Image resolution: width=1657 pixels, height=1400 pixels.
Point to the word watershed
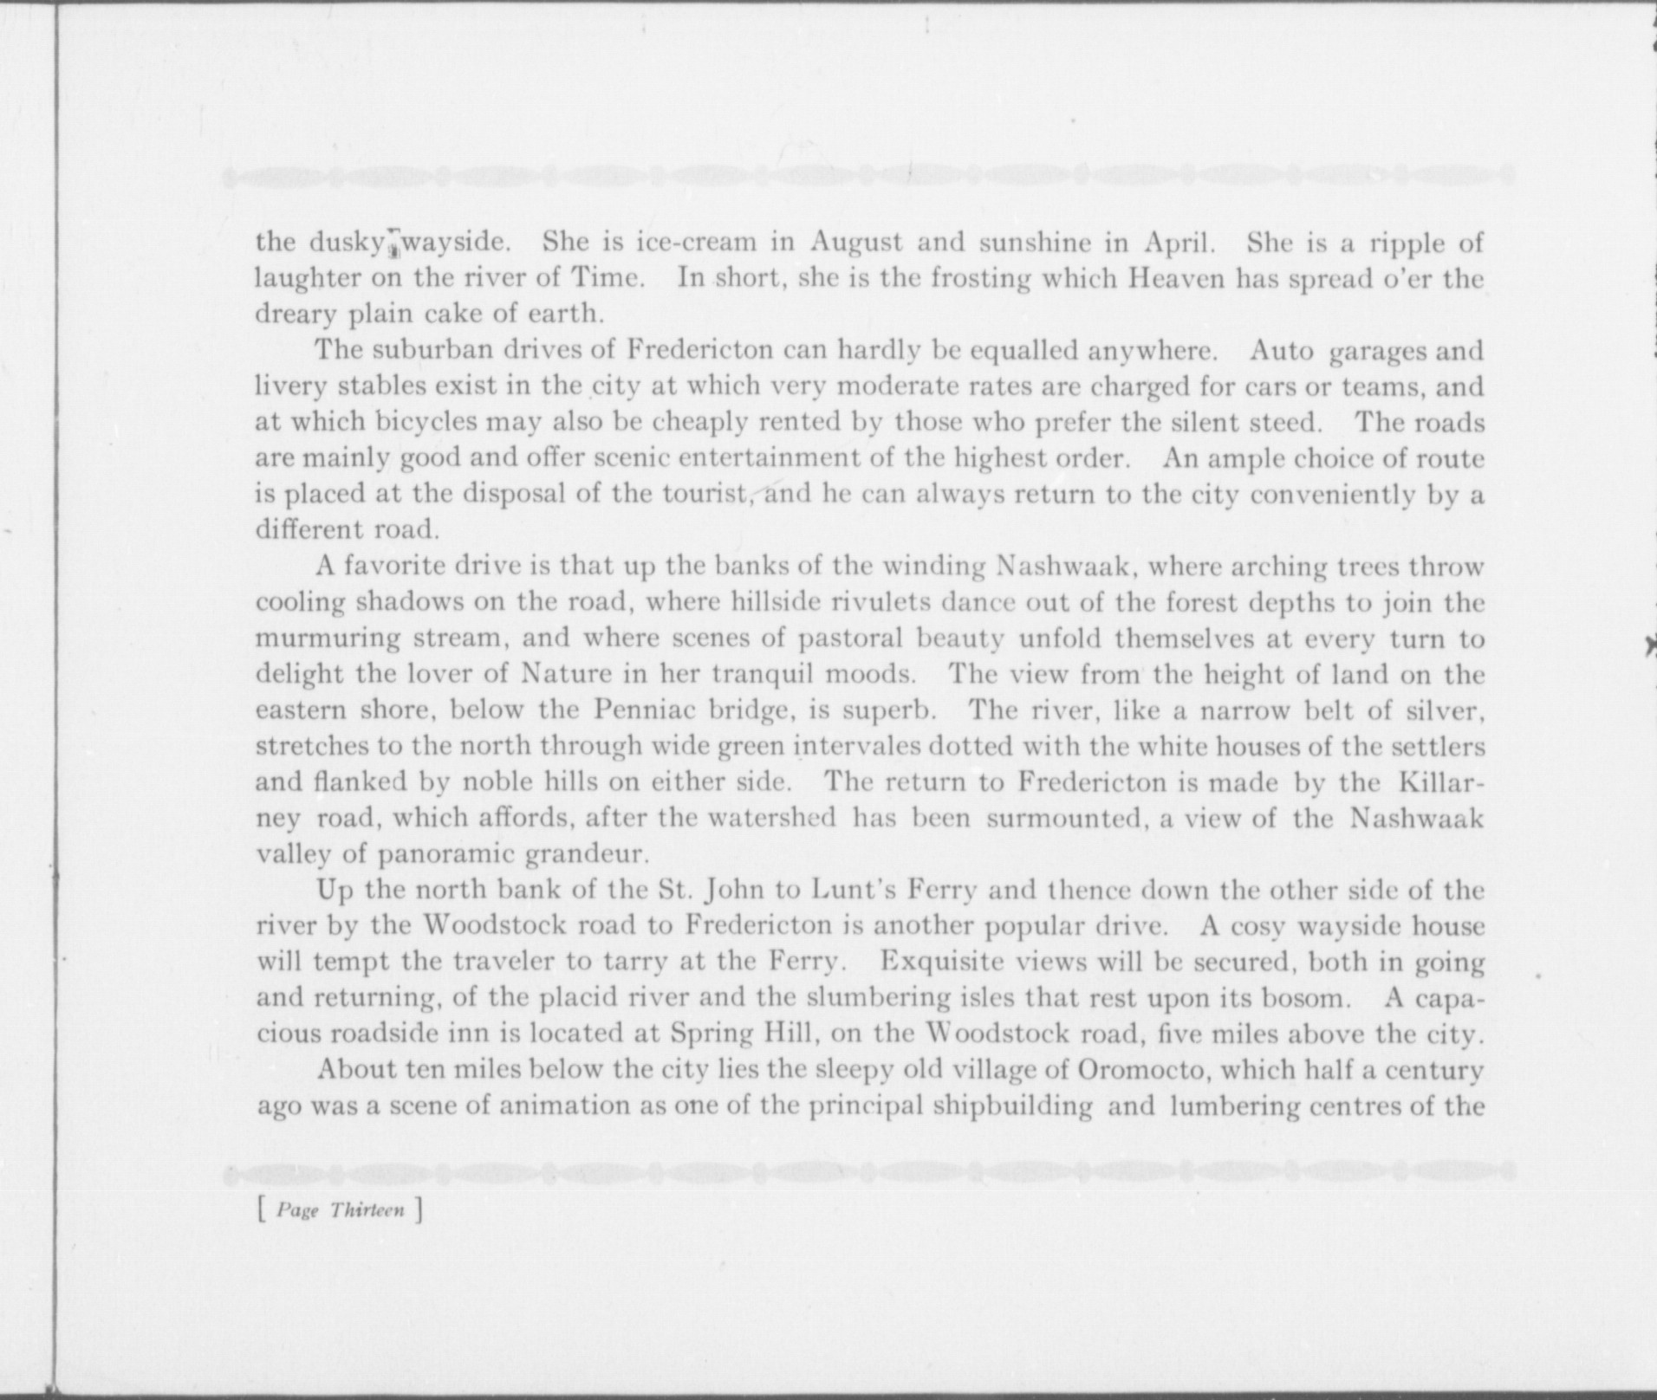click(771, 818)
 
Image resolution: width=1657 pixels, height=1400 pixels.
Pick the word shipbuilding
click(1012, 1106)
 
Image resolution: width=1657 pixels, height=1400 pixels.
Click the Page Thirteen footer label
click(340, 1209)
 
